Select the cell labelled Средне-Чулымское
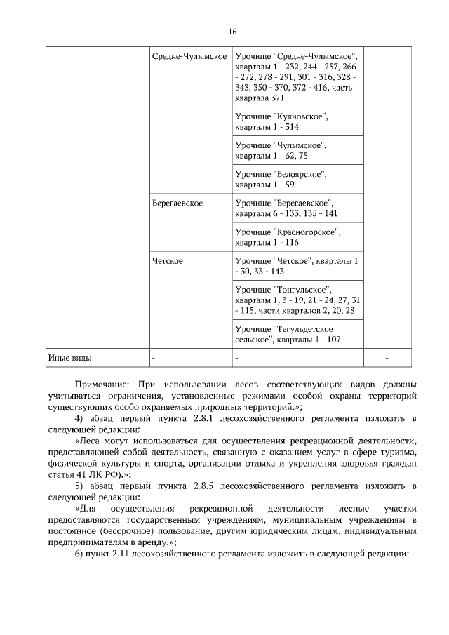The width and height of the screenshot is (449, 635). [189, 55]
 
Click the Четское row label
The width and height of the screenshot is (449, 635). [168, 261]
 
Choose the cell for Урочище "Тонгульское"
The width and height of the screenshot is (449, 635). [297, 300]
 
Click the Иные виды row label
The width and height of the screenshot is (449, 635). [69, 358]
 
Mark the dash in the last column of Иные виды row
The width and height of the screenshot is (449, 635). [387, 359]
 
